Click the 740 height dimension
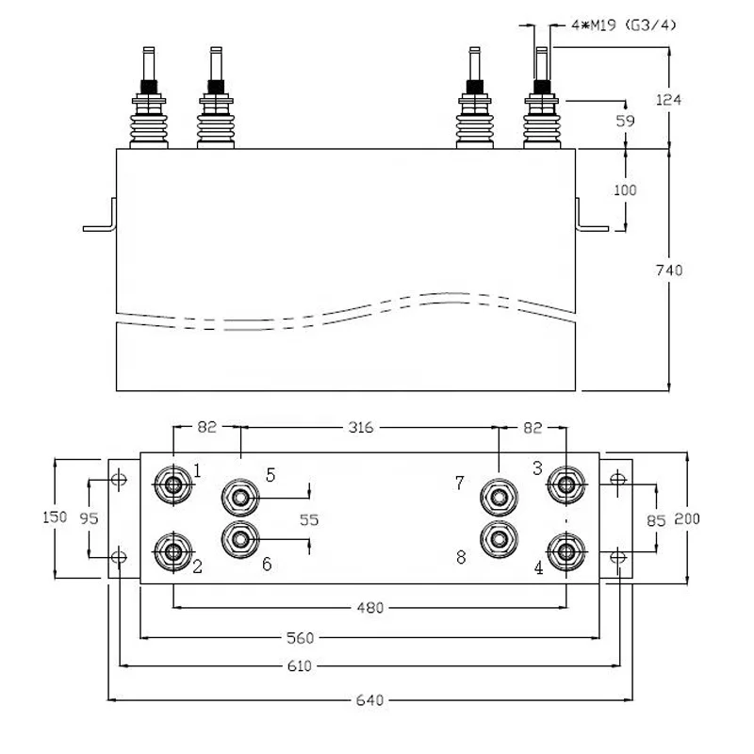tap(669, 270)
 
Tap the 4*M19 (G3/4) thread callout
tap(624, 25)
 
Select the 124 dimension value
tap(668, 100)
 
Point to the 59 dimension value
tap(625, 121)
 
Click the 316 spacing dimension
tap(361, 427)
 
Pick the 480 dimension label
tap(370, 608)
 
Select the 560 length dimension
tap(300, 638)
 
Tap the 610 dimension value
tap(299, 666)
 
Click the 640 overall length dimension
tap(369, 700)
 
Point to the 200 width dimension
tap(687, 518)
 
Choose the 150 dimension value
tap(55, 516)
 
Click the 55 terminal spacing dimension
tap(309, 520)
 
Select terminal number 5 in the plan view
tap(240, 498)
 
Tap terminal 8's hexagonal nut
tap(500, 539)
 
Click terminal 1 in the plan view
tap(173, 484)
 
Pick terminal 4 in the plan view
tap(566, 551)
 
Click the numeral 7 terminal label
tap(460, 483)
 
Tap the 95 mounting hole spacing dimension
tap(89, 517)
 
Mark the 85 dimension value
tap(656, 520)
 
